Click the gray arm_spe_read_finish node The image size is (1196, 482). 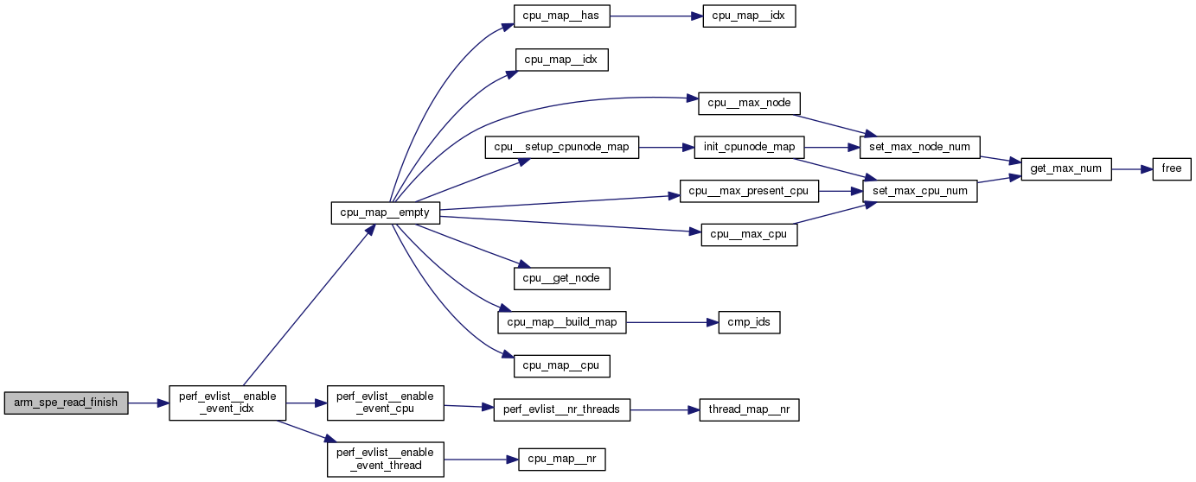(66, 403)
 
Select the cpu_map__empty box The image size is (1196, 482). (387, 213)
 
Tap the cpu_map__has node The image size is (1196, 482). (561, 16)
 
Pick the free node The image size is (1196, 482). (1171, 169)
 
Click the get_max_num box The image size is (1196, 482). (1065, 169)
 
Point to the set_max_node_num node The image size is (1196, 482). (920, 148)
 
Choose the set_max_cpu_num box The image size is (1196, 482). (920, 191)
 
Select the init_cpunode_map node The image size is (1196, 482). (749, 148)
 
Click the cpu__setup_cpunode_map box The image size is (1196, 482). (561, 148)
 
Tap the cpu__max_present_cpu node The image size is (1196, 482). (749, 191)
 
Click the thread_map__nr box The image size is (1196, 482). (749, 409)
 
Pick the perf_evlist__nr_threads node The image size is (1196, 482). (561, 409)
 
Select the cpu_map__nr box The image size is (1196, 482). (561, 460)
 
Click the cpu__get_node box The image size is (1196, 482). (561, 278)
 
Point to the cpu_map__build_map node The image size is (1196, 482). (561, 323)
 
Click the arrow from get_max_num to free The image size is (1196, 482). (1131, 169)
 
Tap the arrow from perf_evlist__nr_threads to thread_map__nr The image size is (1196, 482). (664, 409)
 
